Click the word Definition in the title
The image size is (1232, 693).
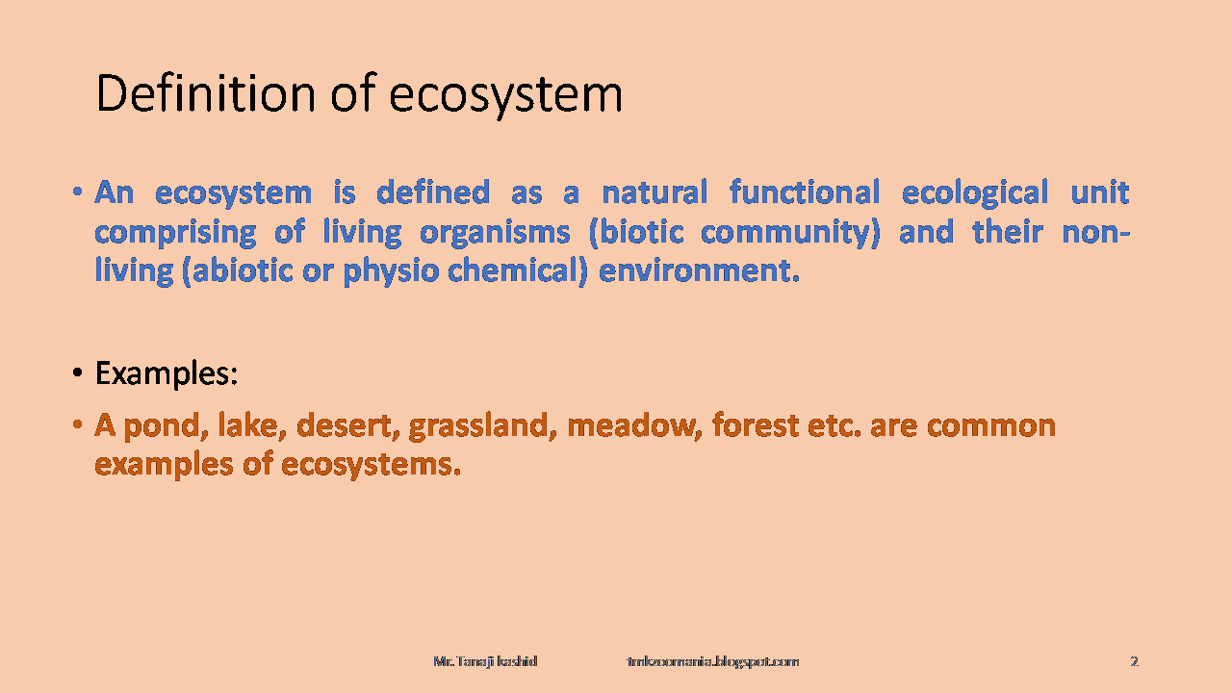[206, 93]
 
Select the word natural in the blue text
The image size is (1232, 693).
[654, 192]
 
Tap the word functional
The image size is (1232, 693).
[805, 192]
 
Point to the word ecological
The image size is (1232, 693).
[975, 193]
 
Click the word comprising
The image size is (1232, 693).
[175, 233]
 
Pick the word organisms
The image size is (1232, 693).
[495, 233]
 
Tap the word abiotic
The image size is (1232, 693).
[243, 271]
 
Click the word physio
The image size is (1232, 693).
[391, 272]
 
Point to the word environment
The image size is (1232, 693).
[695, 271]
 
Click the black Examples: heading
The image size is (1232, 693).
[167, 374]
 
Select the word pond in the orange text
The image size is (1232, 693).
[163, 426]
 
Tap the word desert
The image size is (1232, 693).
[345, 426]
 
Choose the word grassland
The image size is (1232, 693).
[479, 427]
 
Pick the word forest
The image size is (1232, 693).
[756, 426]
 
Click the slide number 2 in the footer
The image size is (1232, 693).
[1134, 661]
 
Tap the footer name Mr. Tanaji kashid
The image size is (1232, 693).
[485, 661]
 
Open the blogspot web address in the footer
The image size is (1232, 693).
[713, 661]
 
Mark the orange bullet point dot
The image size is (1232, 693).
[78, 425]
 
